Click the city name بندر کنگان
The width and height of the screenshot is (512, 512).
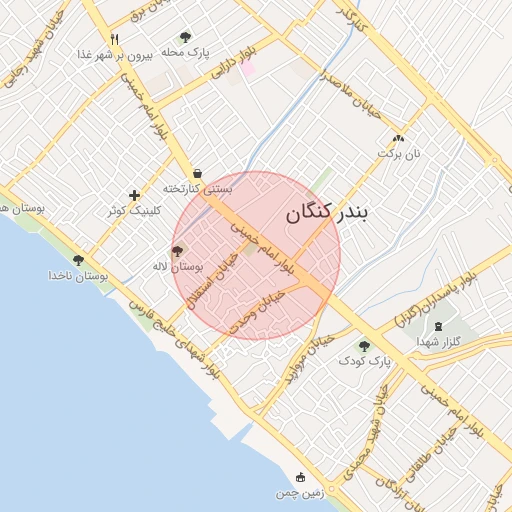[x=327, y=213]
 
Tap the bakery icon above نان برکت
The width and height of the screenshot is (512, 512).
[x=399, y=139]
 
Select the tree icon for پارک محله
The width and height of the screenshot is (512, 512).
[x=185, y=37]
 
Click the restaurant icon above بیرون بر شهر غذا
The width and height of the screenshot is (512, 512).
[x=115, y=40]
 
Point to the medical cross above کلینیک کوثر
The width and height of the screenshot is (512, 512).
[x=135, y=195]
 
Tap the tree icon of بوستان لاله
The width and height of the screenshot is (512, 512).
[x=178, y=251]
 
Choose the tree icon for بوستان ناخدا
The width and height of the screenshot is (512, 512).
[x=78, y=260]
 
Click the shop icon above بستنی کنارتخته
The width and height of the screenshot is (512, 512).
[x=197, y=172]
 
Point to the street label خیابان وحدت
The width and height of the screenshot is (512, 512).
[x=257, y=311]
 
